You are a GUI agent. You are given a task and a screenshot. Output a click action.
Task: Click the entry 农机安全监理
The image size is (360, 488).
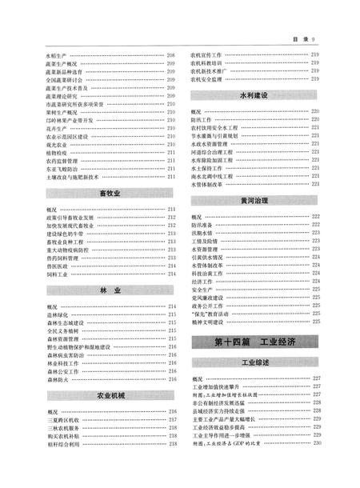(210, 79)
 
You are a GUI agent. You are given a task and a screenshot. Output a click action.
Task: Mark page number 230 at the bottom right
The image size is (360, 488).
(316, 442)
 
